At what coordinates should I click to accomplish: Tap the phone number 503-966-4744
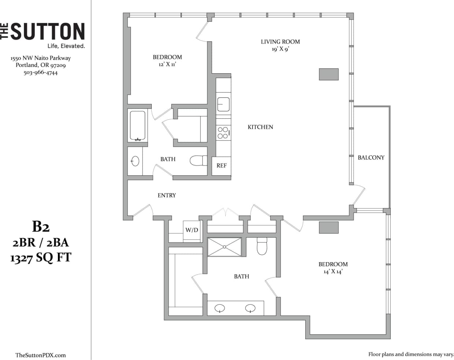[41, 73]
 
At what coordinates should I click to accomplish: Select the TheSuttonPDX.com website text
[41, 355]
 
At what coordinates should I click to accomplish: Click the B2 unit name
[41, 227]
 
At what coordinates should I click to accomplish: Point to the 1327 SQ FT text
[41, 258]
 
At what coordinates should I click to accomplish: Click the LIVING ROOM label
[280, 42]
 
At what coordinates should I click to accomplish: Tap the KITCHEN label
[260, 127]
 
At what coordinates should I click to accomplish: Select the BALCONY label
[371, 157]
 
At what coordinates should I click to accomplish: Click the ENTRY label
[167, 196]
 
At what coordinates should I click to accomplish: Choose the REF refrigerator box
[221, 166]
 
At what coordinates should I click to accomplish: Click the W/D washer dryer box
[192, 230]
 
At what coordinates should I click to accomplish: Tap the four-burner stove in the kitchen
[223, 133]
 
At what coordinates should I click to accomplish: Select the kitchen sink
[223, 104]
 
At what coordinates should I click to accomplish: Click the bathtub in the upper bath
[138, 125]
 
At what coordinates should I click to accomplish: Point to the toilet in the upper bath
[198, 161]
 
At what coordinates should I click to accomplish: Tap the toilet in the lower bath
[262, 246]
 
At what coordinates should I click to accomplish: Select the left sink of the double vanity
[220, 308]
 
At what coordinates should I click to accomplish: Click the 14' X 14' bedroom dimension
[333, 272]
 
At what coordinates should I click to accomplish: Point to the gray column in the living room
[329, 74]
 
